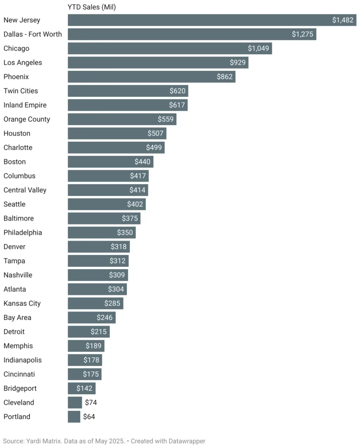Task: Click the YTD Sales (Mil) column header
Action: [x=91, y=7]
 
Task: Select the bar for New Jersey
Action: [x=197, y=20]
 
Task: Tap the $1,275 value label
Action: [x=302, y=34]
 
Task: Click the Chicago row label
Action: [x=16, y=49]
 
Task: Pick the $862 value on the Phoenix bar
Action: [x=224, y=77]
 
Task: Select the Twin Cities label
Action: [x=21, y=91]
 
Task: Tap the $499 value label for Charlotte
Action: [x=154, y=147]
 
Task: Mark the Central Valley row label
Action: [x=25, y=190]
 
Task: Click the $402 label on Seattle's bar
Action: [x=135, y=204]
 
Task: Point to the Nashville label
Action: [x=18, y=275]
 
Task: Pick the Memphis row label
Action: [x=18, y=346]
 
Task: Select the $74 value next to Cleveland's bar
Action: [x=90, y=402]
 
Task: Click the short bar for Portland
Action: [x=74, y=416]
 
